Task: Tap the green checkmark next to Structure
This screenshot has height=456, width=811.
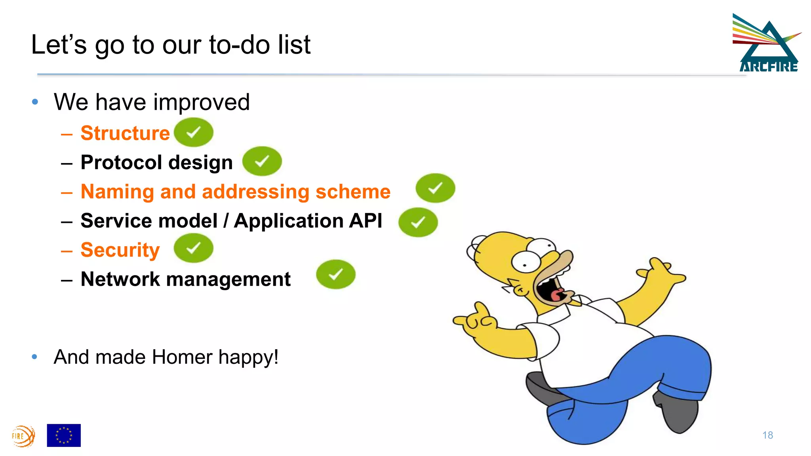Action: (x=194, y=132)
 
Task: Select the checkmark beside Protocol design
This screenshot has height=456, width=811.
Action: (x=262, y=161)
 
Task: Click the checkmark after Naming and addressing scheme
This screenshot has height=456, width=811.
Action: (x=435, y=188)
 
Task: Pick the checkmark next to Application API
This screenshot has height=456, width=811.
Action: (x=418, y=222)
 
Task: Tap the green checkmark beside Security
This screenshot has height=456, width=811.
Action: (x=194, y=248)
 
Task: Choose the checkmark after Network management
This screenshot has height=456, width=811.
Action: (x=335, y=274)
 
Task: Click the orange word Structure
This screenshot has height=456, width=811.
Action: (x=125, y=133)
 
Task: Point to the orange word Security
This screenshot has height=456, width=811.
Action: (x=120, y=250)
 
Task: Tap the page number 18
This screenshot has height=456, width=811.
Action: (x=767, y=435)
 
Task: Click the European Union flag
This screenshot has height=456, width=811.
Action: (x=64, y=435)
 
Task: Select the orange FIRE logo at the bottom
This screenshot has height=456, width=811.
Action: (x=23, y=436)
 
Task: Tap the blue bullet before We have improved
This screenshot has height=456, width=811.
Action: (x=35, y=102)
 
